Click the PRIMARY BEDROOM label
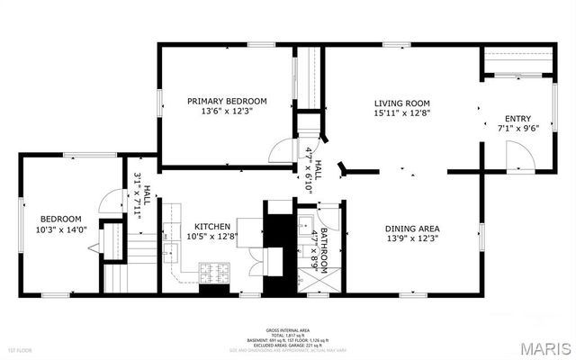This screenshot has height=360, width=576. point(227,101)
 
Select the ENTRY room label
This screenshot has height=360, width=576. point(517,118)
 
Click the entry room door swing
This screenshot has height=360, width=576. point(519,157)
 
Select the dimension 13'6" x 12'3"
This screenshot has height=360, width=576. point(227,112)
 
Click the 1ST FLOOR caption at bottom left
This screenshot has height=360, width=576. point(20,349)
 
